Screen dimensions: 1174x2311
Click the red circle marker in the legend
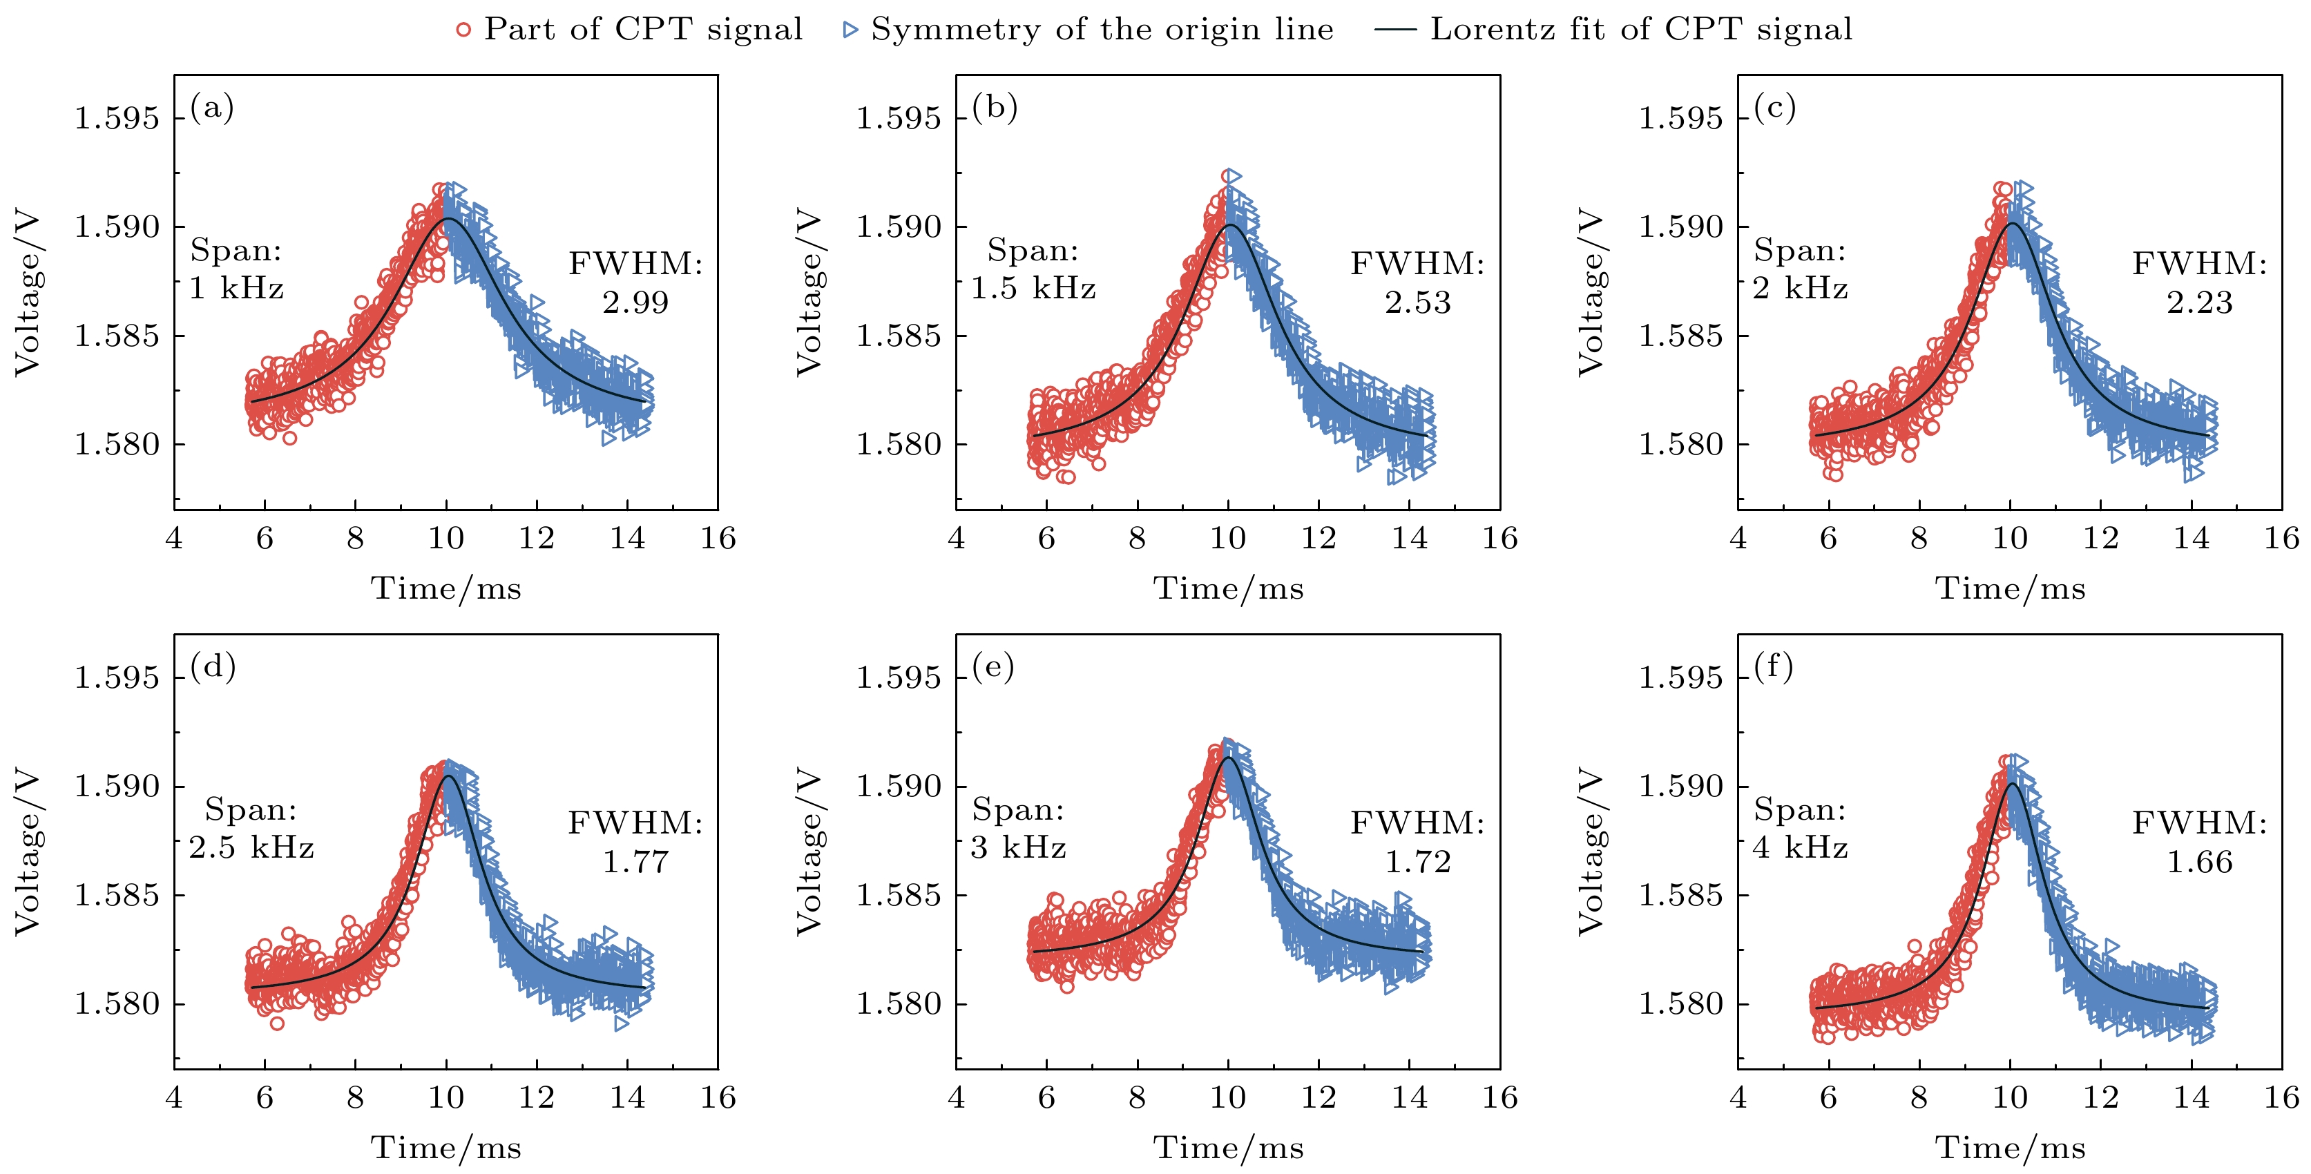coord(463,30)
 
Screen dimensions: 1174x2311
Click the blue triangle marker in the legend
coord(850,30)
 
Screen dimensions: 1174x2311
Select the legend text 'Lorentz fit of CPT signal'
coord(1641,30)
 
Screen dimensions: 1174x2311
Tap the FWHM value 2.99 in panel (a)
coord(635,302)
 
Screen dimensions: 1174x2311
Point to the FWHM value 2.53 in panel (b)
coord(1417,302)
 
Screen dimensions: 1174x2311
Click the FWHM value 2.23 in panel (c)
coord(2200,302)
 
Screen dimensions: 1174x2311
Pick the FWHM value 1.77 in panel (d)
coord(635,862)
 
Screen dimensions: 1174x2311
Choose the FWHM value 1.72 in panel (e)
coord(1417,862)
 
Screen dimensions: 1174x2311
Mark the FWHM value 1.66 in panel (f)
coord(2200,862)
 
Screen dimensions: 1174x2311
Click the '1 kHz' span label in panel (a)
coord(236,288)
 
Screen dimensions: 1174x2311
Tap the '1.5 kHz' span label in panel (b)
coord(1033,288)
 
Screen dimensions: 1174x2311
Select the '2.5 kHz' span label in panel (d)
coord(251,847)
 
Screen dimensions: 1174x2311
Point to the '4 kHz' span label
coord(1801,847)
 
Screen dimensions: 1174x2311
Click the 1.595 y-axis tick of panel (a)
coord(116,118)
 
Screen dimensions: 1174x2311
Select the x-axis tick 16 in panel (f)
coord(2281,1098)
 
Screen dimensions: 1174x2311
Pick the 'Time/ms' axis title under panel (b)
coord(1228,588)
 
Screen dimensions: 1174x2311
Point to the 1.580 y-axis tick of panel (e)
coord(898,1003)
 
